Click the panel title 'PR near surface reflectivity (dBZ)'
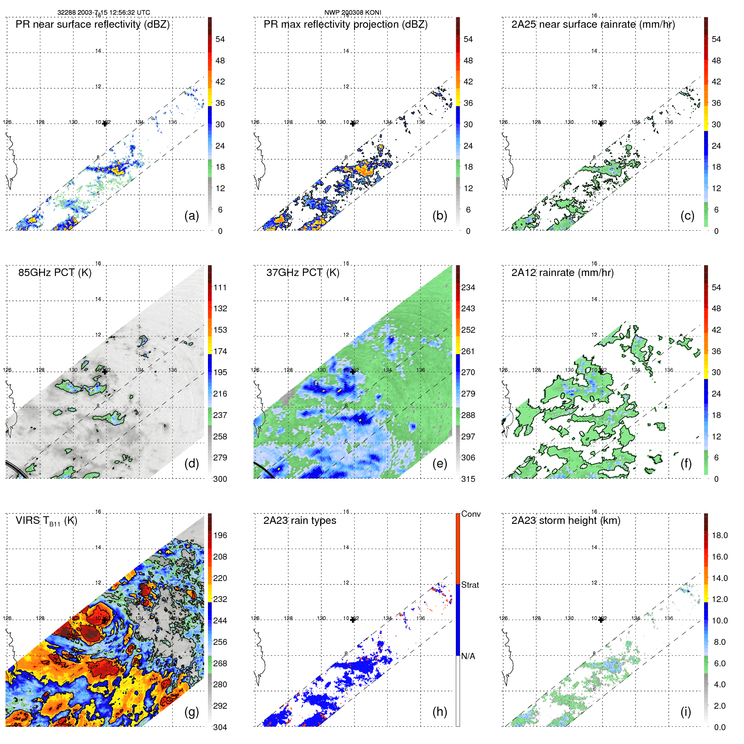pos(92,24)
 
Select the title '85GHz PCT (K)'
pos(55,273)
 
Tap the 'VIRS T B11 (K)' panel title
pos(46,521)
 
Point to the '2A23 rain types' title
pos(300,521)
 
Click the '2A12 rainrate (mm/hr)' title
pos(562,273)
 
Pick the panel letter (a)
pos(192,216)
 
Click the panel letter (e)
pos(439,463)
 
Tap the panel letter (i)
pos(686,712)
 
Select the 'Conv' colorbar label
pos(471,514)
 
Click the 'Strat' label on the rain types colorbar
pos(470,585)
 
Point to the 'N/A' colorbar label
pos(468,656)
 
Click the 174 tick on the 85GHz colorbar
pos(220,351)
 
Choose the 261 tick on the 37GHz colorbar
pos(468,351)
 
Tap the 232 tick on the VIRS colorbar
pos(220,599)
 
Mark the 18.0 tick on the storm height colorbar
pos(719,535)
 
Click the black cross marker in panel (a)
pos(105,124)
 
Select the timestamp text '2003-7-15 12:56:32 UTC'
pos(114,13)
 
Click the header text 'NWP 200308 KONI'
pos(353,13)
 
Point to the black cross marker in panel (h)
pos(353,620)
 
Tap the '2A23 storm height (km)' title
pos(565,521)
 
